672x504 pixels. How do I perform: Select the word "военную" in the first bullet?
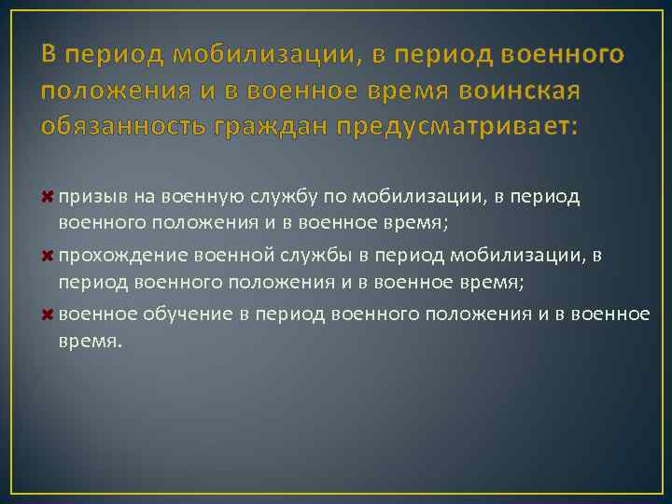[195, 197]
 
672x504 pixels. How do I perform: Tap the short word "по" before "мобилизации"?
[323, 197]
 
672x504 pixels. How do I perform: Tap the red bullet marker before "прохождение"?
[49, 255]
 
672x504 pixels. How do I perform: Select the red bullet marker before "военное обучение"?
[49, 313]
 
